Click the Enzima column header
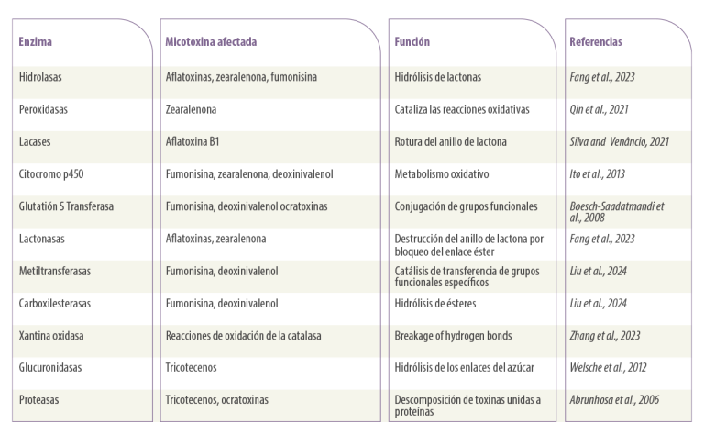[x=36, y=42]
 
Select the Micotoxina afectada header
[x=211, y=42]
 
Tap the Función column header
[x=412, y=42]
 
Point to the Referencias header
[x=596, y=42]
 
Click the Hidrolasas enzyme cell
[x=40, y=77]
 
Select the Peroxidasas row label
[x=43, y=109]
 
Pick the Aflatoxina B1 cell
[x=192, y=141]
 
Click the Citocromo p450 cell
[x=51, y=174]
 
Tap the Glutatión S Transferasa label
[x=66, y=206]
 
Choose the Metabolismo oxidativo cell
[x=442, y=174]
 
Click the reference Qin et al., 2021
[x=599, y=109]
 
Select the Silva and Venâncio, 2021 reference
[x=619, y=141]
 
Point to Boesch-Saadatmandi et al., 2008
[x=616, y=212]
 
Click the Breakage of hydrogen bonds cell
[x=453, y=336]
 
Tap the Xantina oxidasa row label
[x=51, y=336]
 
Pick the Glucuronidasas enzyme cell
[x=50, y=367]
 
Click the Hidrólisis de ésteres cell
[x=435, y=304]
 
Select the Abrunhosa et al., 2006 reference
[x=614, y=399]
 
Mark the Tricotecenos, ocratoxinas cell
[x=217, y=399]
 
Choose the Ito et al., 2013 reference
[x=597, y=174]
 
